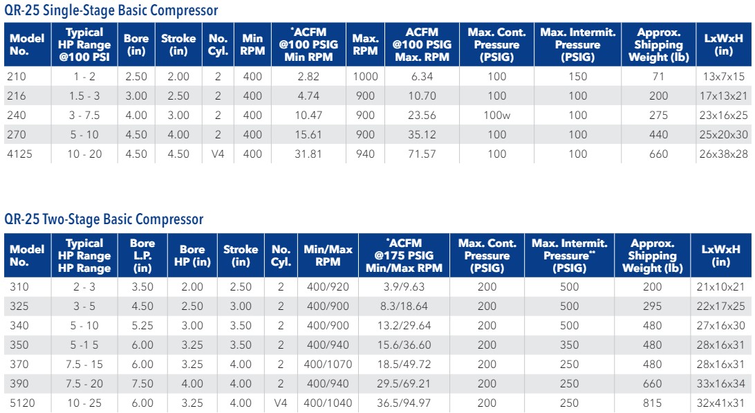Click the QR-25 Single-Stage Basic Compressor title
click(111, 10)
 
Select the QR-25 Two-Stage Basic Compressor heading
click(104, 219)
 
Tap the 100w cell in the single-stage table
click(497, 115)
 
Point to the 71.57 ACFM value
click(422, 154)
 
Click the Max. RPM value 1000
click(365, 76)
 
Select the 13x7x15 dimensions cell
click(724, 76)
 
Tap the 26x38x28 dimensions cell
click(724, 154)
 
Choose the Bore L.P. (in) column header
click(142, 256)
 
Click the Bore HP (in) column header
click(192, 256)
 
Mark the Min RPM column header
click(252, 44)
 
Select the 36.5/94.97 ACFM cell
click(404, 403)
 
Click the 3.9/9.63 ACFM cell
click(404, 286)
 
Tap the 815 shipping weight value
click(651, 403)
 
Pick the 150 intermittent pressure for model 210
click(577, 76)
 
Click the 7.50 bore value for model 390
click(142, 383)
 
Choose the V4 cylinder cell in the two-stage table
click(281, 403)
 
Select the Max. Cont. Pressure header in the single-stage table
click(496, 44)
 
